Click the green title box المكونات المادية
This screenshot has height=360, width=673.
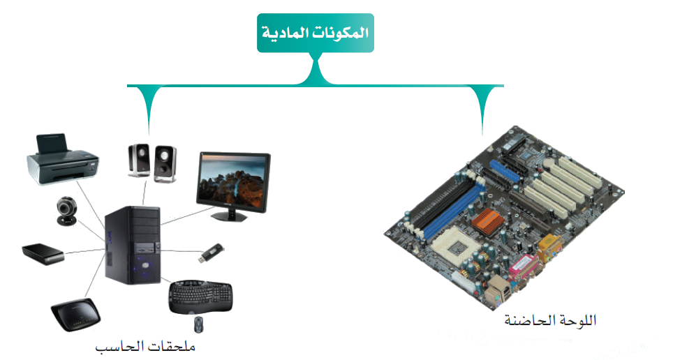tap(315, 33)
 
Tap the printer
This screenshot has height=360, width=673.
tap(61, 160)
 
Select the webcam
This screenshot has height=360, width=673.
tap(66, 210)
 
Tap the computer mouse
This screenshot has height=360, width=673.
tap(199, 324)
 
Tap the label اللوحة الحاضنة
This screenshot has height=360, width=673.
tap(551, 322)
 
